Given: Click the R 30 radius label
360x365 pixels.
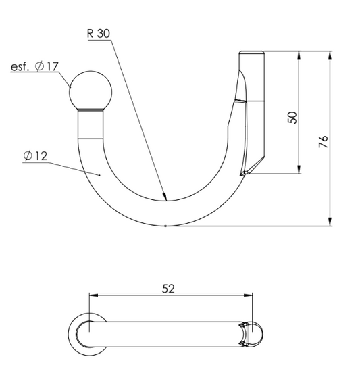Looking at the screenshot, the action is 99,34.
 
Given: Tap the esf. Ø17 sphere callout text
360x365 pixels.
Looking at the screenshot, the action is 34,66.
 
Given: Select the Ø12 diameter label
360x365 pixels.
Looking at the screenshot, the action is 35,155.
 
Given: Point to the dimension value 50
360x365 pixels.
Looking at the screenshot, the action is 292,118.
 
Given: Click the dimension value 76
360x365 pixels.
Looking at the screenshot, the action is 323,141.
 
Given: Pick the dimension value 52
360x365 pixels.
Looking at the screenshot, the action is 168,289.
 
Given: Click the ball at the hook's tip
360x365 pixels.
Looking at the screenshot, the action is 91,91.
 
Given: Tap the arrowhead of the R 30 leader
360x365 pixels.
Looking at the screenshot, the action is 165,197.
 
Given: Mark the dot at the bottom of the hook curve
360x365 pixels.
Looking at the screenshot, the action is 165,226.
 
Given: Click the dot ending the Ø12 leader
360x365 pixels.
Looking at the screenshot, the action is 99,175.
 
